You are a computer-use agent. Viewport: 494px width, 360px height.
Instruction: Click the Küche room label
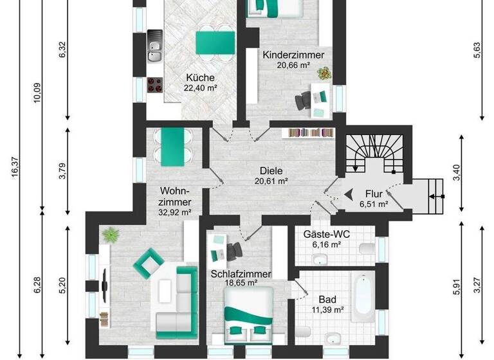pyautogui.click(x=200, y=78)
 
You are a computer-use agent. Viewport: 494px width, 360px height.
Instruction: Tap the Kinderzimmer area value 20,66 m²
pyautogui.click(x=293, y=66)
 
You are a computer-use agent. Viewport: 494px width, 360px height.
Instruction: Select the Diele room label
pyautogui.click(x=271, y=171)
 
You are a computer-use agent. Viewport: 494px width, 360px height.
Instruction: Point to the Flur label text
pyautogui.click(x=374, y=193)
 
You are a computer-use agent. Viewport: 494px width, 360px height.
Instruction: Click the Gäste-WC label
pyautogui.click(x=322, y=235)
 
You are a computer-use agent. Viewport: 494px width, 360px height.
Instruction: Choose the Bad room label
pyautogui.click(x=326, y=300)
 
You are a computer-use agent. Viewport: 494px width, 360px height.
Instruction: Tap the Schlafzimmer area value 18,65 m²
pyautogui.click(x=241, y=283)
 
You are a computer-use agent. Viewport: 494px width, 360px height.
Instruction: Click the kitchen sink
pyautogui.click(x=154, y=47)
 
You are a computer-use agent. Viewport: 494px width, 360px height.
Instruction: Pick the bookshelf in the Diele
pyautogui.click(x=311, y=132)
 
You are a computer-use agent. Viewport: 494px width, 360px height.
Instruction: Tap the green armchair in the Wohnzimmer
pyautogui.click(x=148, y=260)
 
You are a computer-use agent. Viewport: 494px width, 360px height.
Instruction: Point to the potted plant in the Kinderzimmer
pyautogui.click(x=324, y=74)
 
